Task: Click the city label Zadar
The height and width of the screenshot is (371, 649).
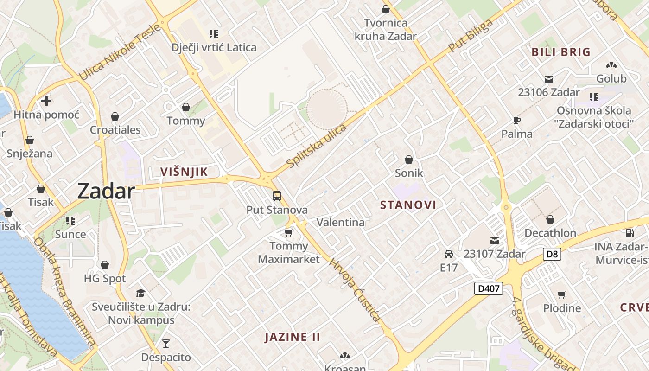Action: coord(106,191)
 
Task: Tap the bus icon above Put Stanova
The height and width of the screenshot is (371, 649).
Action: coord(277,196)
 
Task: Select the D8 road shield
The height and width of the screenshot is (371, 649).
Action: coord(552,254)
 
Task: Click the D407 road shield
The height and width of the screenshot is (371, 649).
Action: coord(489,288)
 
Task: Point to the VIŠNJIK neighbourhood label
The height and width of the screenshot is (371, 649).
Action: coord(184,172)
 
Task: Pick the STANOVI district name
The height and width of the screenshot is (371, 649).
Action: coord(408,205)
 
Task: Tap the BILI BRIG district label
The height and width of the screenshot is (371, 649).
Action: coord(561,52)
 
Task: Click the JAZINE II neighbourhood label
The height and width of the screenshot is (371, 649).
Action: coord(293,337)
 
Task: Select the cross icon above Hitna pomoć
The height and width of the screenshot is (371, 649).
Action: coord(46,101)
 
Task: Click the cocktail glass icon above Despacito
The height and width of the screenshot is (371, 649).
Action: coord(166,344)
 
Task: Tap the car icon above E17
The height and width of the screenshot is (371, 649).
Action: coord(449,254)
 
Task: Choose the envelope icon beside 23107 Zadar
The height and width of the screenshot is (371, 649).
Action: coord(495,241)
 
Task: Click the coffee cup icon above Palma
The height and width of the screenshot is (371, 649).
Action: coord(517,121)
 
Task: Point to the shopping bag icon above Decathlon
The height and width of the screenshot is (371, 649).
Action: coord(550,219)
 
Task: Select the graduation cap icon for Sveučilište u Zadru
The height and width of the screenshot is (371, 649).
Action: coord(140,293)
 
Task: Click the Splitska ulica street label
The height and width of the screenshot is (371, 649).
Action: coord(317,146)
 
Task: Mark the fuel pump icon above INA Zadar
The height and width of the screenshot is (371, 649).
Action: coord(630,233)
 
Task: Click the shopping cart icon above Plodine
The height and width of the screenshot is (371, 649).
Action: coord(562,294)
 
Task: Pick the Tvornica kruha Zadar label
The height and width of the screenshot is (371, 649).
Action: coord(386,29)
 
